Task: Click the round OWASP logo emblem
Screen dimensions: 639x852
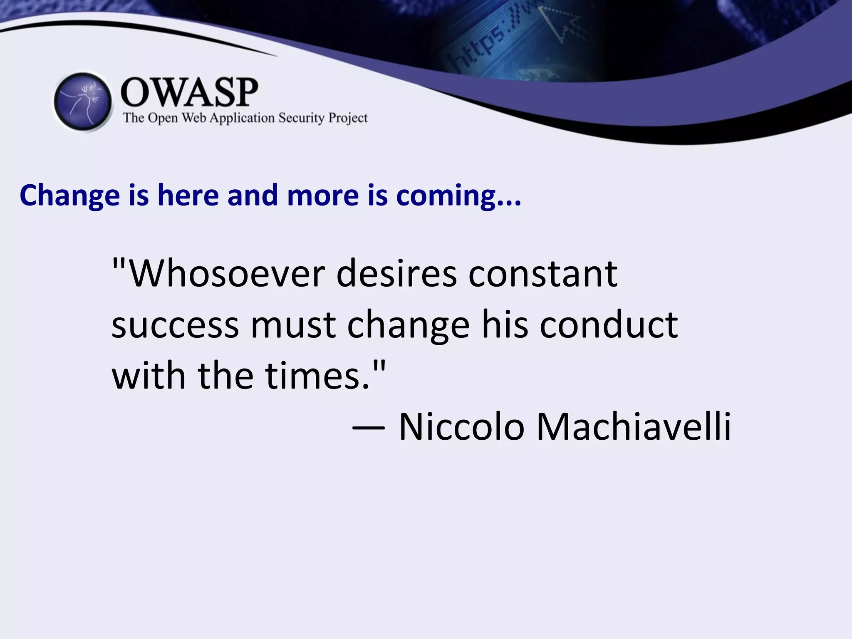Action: tap(83, 102)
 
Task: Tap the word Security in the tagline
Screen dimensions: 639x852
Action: tap(301, 118)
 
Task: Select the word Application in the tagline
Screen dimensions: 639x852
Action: tap(242, 119)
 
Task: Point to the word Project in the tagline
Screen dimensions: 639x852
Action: tap(348, 119)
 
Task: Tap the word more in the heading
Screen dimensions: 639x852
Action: tap(323, 196)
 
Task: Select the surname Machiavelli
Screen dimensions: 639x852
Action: tap(634, 427)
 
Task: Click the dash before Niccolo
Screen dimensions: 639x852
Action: tap(368, 428)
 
